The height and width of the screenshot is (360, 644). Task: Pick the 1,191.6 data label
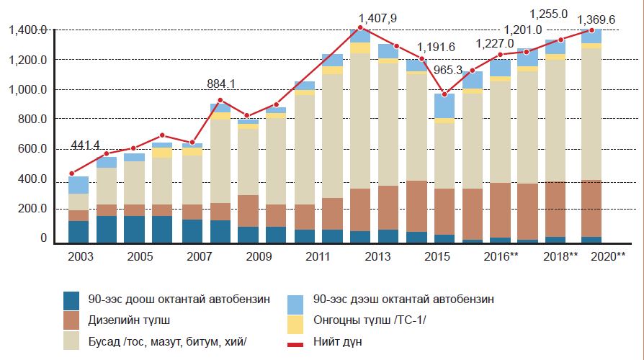click(x=437, y=48)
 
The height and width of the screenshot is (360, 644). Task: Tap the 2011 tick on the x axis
click(x=317, y=257)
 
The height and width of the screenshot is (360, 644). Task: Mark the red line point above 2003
click(x=71, y=174)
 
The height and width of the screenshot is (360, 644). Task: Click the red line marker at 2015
click(x=444, y=94)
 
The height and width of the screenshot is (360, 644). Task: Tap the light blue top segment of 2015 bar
click(x=444, y=106)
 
